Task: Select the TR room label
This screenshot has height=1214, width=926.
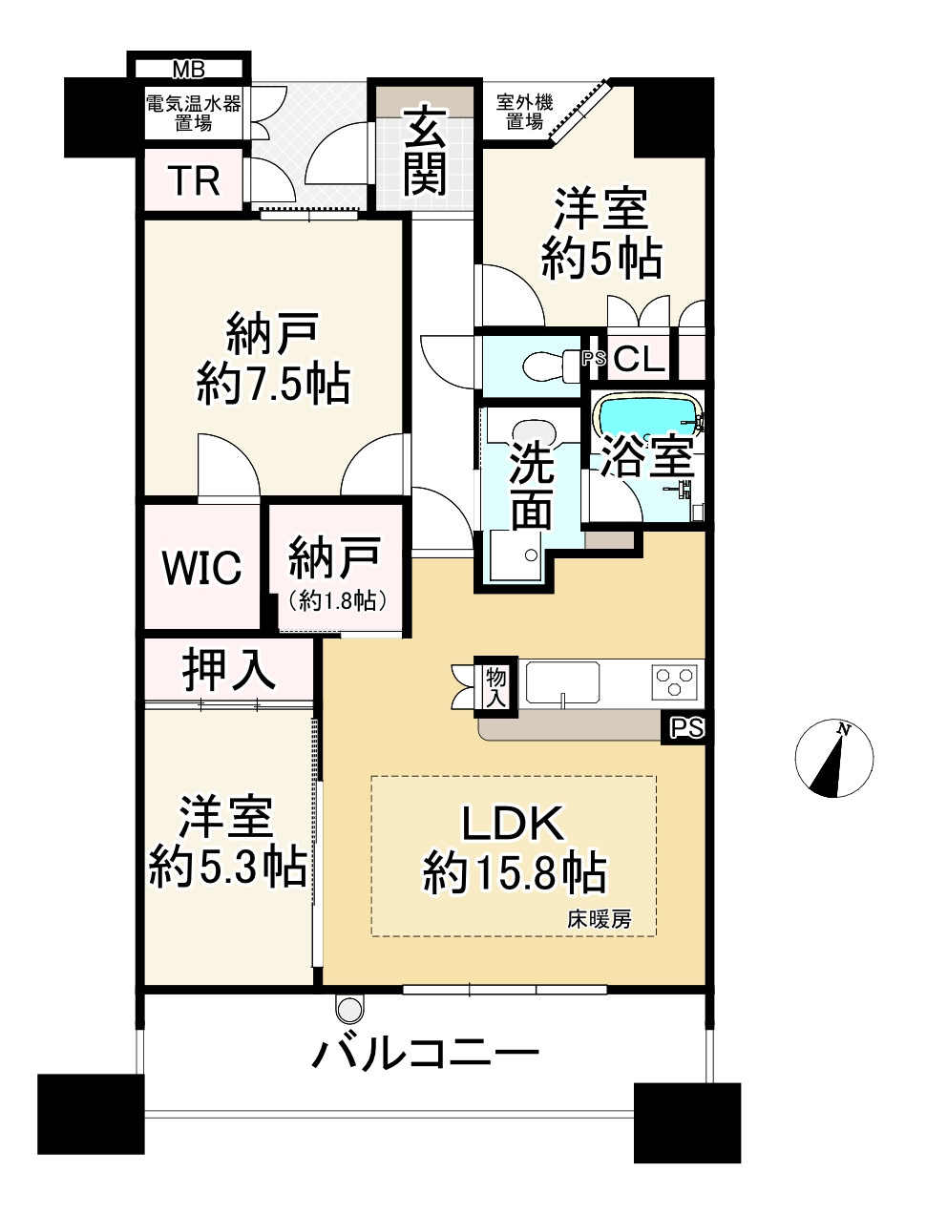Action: [x=194, y=180]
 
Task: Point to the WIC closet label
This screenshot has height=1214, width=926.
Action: [x=201, y=568]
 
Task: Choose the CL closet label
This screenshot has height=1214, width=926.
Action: [x=639, y=359]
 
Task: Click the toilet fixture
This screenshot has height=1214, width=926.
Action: [x=541, y=364]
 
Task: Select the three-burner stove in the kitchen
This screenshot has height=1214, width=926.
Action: [x=675, y=683]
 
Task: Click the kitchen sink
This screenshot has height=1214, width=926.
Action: [x=562, y=683]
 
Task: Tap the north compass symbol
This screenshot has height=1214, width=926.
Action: [x=833, y=759]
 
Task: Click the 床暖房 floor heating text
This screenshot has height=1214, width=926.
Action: [x=599, y=920]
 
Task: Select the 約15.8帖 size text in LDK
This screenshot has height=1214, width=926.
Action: [x=515, y=872]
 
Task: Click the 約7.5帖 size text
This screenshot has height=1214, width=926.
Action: [x=273, y=385]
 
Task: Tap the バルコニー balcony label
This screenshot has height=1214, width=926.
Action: [x=427, y=1055]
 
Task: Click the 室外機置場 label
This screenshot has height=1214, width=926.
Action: [x=524, y=112]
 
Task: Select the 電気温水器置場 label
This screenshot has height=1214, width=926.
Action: [x=194, y=113]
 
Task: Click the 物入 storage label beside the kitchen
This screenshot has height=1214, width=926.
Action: [x=495, y=686]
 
